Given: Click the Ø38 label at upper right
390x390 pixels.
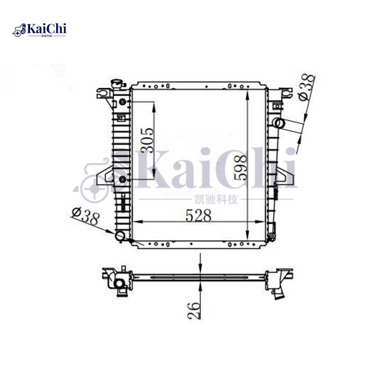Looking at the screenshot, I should (307, 87).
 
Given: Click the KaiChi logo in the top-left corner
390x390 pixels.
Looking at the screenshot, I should (39, 30).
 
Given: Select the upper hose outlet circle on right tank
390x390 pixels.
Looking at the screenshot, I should (278, 122).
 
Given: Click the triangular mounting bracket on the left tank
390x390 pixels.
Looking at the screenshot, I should (104, 175).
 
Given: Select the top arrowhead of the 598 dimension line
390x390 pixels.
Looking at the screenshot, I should (249, 94).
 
